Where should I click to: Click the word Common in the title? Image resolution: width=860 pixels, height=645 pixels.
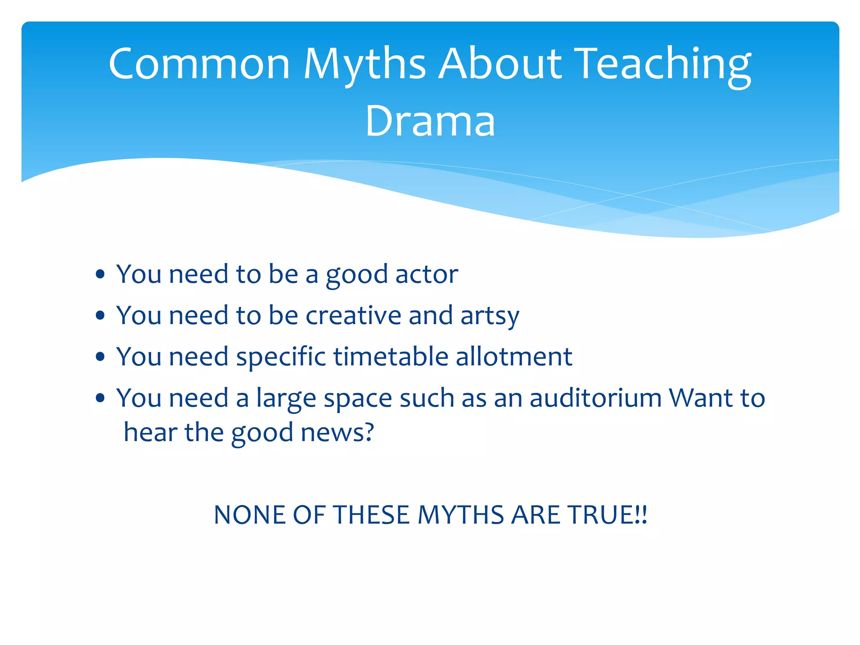click(199, 64)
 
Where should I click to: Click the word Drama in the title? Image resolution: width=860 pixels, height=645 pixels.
click(430, 121)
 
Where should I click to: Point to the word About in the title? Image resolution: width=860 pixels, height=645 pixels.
click(500, 64)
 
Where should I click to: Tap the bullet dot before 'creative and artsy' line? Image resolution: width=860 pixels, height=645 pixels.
click(100, 316)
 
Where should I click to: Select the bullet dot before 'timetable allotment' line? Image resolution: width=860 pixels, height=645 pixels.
click(100, 357)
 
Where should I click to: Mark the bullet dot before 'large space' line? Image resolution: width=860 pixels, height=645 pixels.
click(100, 398)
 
